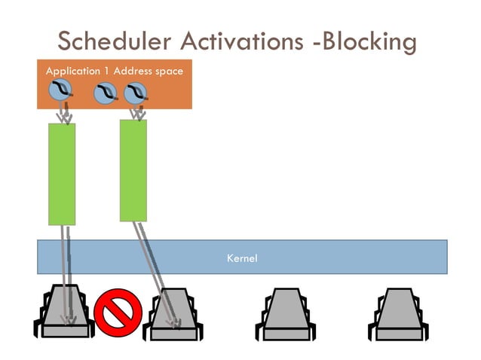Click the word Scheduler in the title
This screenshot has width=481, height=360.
(x=108, y=41)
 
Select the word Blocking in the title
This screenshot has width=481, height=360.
(x=371, y=41)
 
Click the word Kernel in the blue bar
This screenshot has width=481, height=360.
(x=242, y=258)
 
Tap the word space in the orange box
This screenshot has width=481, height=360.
(x=169, y=71)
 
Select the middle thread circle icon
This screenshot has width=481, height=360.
(x=106, y=93)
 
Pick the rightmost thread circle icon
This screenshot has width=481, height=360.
(x=135, y=93)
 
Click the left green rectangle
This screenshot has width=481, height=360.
(x=62, y=174)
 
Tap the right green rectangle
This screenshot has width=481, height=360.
(x=133, y=170)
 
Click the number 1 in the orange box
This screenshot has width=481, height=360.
(x=107, y=71)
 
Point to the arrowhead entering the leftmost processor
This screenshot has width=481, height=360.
(x=71, y=322)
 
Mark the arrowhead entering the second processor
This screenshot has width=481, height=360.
(x=176, y=324)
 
